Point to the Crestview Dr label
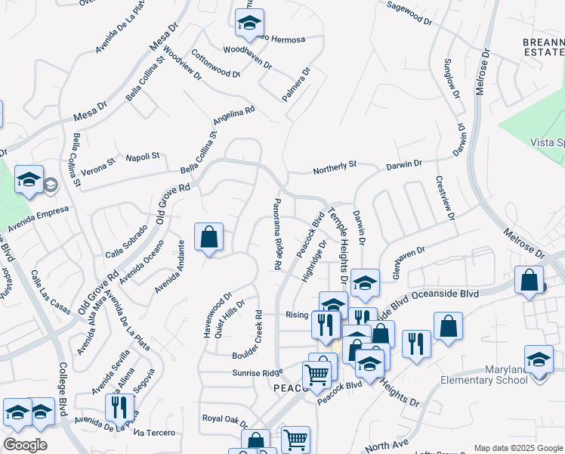point(445,199)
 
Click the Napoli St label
point(143,157)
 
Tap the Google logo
point(25,445)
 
